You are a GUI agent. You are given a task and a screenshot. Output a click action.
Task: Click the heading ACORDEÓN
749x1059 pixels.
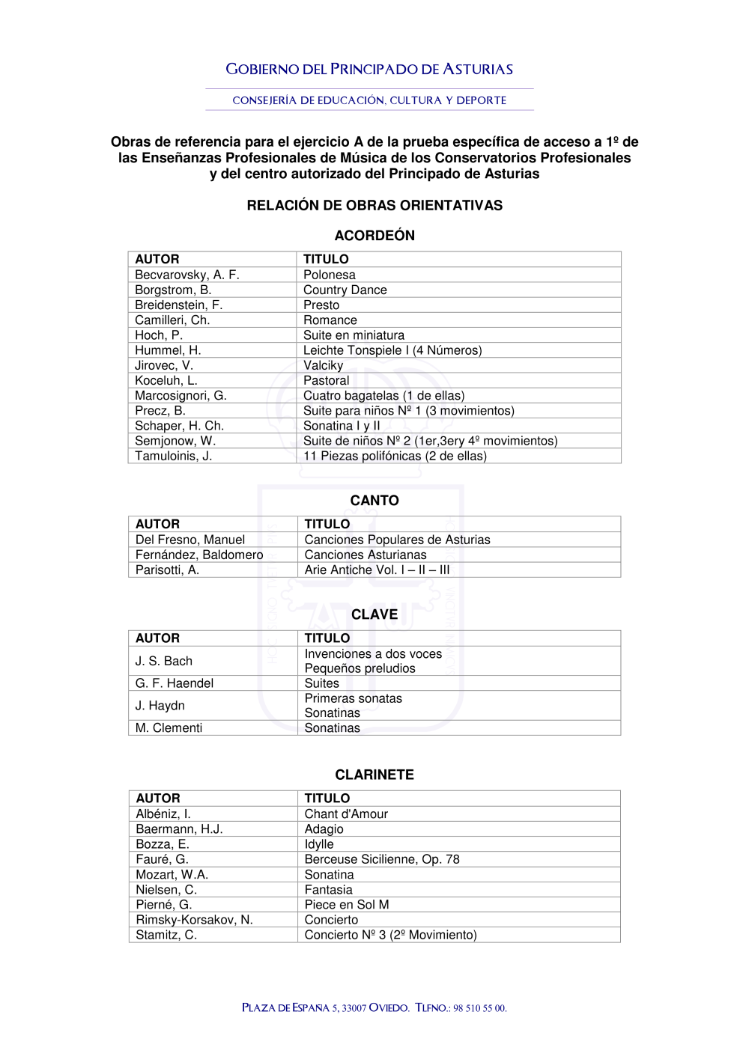click(374, 236)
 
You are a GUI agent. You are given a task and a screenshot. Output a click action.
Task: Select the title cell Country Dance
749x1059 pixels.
click(345, 290)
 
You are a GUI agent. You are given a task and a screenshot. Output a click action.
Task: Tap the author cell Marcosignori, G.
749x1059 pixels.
click(181, 396)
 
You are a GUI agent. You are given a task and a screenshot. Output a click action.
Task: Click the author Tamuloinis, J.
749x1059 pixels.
click(174, 456)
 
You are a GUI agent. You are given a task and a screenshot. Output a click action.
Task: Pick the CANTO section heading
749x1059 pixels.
click(374, 501)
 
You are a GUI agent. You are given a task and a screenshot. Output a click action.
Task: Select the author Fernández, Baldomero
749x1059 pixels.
click(199, 555)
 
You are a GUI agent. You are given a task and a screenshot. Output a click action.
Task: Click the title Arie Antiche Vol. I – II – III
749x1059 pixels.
click(377, 570)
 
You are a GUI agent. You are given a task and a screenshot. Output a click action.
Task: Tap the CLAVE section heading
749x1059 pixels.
click(374, 614)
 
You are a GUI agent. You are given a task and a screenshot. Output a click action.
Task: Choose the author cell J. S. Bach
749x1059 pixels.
click(164, 661)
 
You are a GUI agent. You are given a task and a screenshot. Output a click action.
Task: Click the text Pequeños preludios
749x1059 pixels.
click(360, 668)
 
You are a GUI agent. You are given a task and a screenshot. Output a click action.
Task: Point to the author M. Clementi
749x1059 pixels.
click(169, 728)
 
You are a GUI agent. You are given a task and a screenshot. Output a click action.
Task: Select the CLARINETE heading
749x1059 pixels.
click(374, 775)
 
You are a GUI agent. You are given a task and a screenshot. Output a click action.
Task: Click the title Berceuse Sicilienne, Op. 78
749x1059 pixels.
click(382, 859)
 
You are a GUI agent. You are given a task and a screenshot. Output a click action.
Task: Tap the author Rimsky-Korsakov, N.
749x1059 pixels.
click(194, 920)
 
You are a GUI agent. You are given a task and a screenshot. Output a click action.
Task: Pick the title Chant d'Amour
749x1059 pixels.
click(346, 814)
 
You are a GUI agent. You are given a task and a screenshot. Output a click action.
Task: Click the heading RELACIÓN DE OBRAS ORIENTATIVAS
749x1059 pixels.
click(374, 206)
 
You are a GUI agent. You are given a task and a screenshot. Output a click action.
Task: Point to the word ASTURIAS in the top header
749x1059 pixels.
click(478, 70)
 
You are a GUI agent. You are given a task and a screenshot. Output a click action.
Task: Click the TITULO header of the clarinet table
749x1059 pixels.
click(327, 799)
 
